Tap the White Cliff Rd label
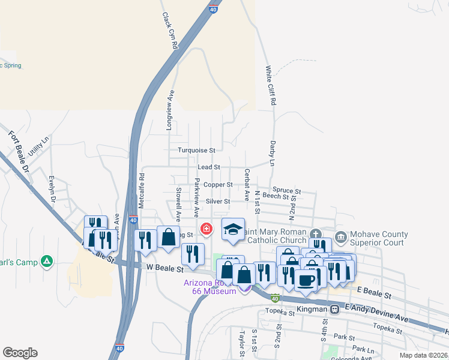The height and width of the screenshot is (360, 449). pos(271,86)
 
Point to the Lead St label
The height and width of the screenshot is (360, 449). pos(209,167)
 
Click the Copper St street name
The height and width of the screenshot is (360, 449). pos(218,185)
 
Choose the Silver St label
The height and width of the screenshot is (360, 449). pos(218,202)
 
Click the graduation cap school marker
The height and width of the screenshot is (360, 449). pos(233,228)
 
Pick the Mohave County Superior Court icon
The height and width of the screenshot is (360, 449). pos(341,237)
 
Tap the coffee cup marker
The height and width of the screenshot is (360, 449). pos(306,280)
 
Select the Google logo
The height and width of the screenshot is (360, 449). pos(20,353)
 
